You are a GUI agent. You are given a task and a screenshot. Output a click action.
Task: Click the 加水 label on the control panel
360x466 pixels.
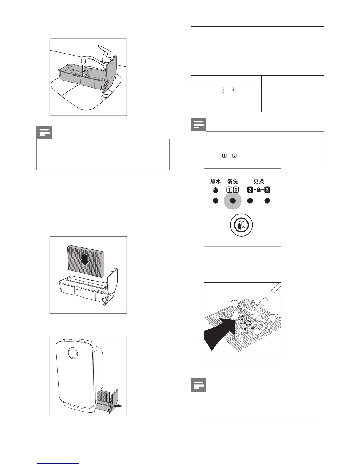(x=215, y=182)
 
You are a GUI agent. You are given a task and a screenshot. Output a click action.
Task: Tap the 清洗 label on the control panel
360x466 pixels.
(x=233, y=182)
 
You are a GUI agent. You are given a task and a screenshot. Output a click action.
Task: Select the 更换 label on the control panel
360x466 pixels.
(x=259, y=182)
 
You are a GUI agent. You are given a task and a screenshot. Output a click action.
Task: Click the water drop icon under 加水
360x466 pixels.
(x=215, y=190)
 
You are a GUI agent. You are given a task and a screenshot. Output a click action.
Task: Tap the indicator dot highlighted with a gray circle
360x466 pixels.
(x=233, y=201)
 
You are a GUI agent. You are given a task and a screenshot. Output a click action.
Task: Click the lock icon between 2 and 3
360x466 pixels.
(x=259, y=190)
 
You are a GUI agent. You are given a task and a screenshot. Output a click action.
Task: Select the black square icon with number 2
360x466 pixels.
(x=250, y=190)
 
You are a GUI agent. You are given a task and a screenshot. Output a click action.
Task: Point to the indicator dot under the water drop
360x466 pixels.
(x=215, y=201)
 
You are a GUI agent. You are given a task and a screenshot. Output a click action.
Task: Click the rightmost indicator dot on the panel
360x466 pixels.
(x=267, y=201)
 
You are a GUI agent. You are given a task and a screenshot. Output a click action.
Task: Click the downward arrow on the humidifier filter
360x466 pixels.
(x=85, y=259)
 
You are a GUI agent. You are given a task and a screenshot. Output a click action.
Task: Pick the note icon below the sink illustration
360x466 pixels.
(x=44, y=133)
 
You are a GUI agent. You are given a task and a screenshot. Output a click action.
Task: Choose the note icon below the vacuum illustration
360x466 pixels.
(x=198, y=385)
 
